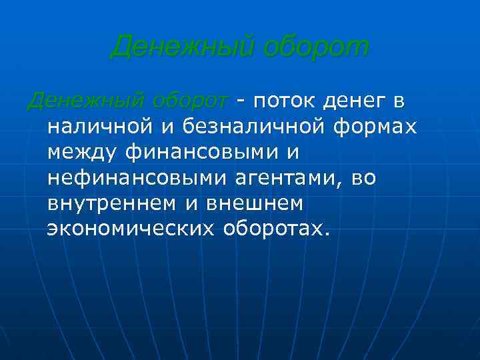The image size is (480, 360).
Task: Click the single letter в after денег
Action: (x=399, y=102)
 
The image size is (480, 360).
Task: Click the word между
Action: (x=83, y=153)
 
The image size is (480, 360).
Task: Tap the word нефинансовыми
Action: (x=127, y=178)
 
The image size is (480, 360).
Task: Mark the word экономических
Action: (x=131, y=229)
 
